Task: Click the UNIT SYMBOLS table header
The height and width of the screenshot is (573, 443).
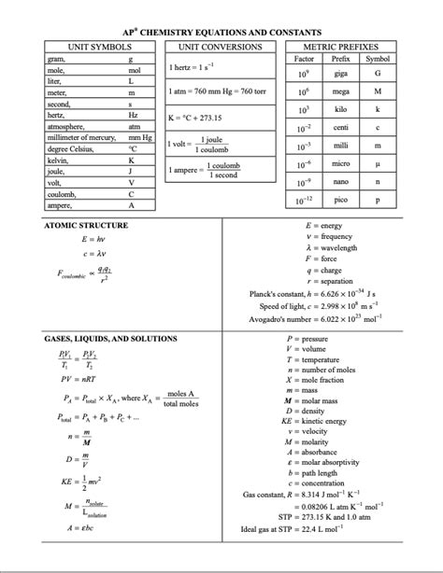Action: tap(97, 46)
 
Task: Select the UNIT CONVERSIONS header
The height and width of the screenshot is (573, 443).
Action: tap(220, 46)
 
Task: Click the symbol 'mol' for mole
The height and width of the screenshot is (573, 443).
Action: tap(133, 70)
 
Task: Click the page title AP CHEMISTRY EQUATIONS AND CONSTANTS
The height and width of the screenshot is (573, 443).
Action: tap(222, 32)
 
